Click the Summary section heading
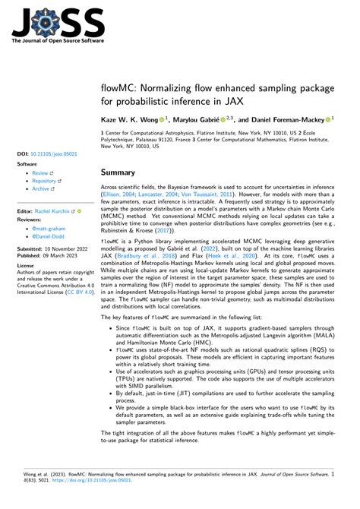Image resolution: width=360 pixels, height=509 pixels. point(120,172)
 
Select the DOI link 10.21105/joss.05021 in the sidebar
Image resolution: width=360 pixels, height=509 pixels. point(54,153)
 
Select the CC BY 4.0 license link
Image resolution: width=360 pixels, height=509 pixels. point(78,291)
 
